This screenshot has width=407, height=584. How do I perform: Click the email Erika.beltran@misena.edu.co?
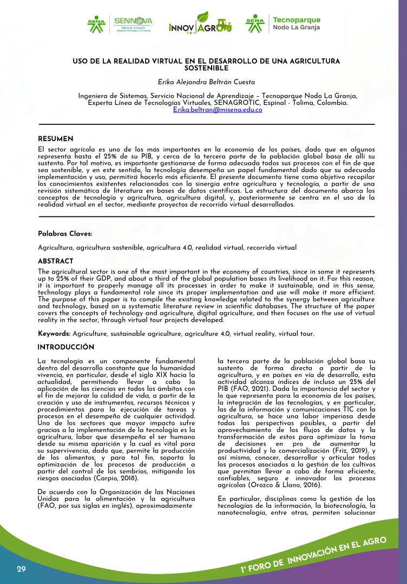[x=218, y=110]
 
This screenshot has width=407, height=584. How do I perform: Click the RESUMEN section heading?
[x=55, y=139]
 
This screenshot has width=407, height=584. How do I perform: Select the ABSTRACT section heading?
[x=56, y=261]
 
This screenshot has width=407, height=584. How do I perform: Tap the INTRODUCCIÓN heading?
[x=66, y=347]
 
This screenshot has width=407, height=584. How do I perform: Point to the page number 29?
[x=21, y=569]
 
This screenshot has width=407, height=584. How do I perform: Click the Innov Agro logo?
[x=200, y=24]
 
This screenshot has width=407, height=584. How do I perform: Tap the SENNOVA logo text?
[x=133, y=21]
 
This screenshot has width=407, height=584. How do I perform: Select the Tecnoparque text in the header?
[x=297, y=20]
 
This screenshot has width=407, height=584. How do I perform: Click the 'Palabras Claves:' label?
[x=65, y=234]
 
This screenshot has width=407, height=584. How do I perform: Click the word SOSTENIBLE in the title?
[x=206, y=68]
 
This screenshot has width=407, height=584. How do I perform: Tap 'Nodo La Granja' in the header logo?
[x=296, y=28]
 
